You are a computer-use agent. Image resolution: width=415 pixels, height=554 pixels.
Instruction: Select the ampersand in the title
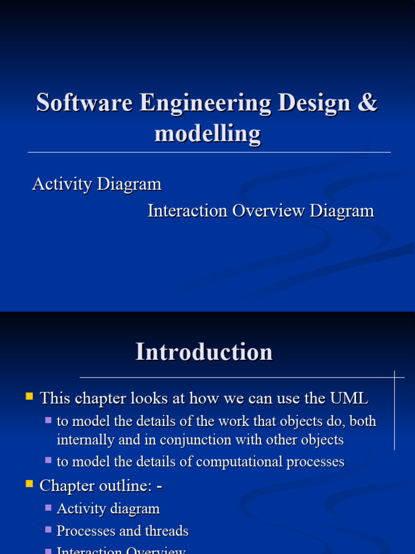(x=367, y=102)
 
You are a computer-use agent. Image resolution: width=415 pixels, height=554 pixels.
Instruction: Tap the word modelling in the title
(x=207, y=133)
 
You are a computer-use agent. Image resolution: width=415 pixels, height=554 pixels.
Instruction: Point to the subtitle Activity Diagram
(x=97, y=184)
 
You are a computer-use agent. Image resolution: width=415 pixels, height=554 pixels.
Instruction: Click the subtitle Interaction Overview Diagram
(x=261, y=210)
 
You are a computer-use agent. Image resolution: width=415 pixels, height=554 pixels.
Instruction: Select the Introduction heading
(x=204, y=352)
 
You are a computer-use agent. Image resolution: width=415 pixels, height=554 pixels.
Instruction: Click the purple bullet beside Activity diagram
(x=49, y=507)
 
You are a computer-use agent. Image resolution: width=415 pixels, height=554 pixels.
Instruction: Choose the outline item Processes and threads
(x=123, y=531)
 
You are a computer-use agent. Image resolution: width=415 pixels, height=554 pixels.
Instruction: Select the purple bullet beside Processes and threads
(x=49, y=530)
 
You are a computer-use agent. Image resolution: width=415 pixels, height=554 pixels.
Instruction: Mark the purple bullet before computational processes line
(x=49, y=460)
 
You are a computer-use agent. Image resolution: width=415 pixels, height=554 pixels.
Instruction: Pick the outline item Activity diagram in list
(x=108, y=509)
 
